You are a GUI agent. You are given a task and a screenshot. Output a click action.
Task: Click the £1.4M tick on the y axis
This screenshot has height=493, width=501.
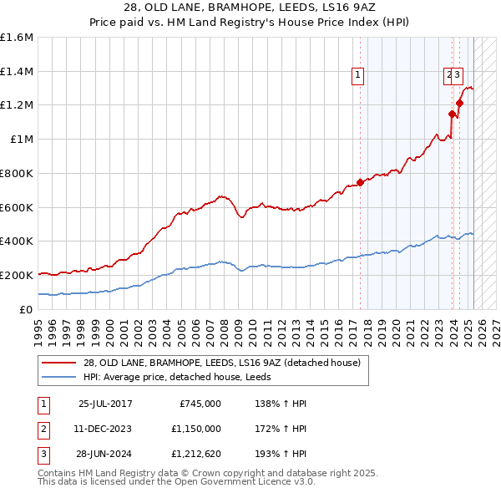point(17,71)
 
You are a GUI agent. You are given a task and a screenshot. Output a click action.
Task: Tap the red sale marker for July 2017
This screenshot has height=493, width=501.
point(360,182)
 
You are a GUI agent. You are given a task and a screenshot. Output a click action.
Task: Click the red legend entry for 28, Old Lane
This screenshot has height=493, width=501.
point(221,363)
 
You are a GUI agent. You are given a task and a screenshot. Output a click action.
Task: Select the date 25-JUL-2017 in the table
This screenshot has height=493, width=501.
point(105,404)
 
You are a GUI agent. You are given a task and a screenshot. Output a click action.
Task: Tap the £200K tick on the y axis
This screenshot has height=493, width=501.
point(17,274)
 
